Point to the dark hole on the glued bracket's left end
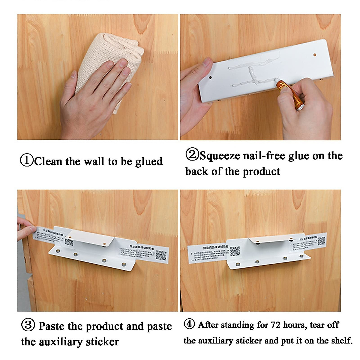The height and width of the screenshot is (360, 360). (210, 77)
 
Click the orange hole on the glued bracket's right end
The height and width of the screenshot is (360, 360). (315, 55)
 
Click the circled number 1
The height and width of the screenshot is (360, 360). (27, 160)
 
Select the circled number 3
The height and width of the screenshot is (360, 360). (28, 325)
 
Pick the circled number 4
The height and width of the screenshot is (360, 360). (189, 324)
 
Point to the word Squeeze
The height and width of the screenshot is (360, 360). (220, 156)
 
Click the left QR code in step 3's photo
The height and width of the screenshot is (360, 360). (69, 242)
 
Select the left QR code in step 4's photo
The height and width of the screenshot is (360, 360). (235, 251)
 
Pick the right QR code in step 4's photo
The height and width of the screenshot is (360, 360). (321, 241)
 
